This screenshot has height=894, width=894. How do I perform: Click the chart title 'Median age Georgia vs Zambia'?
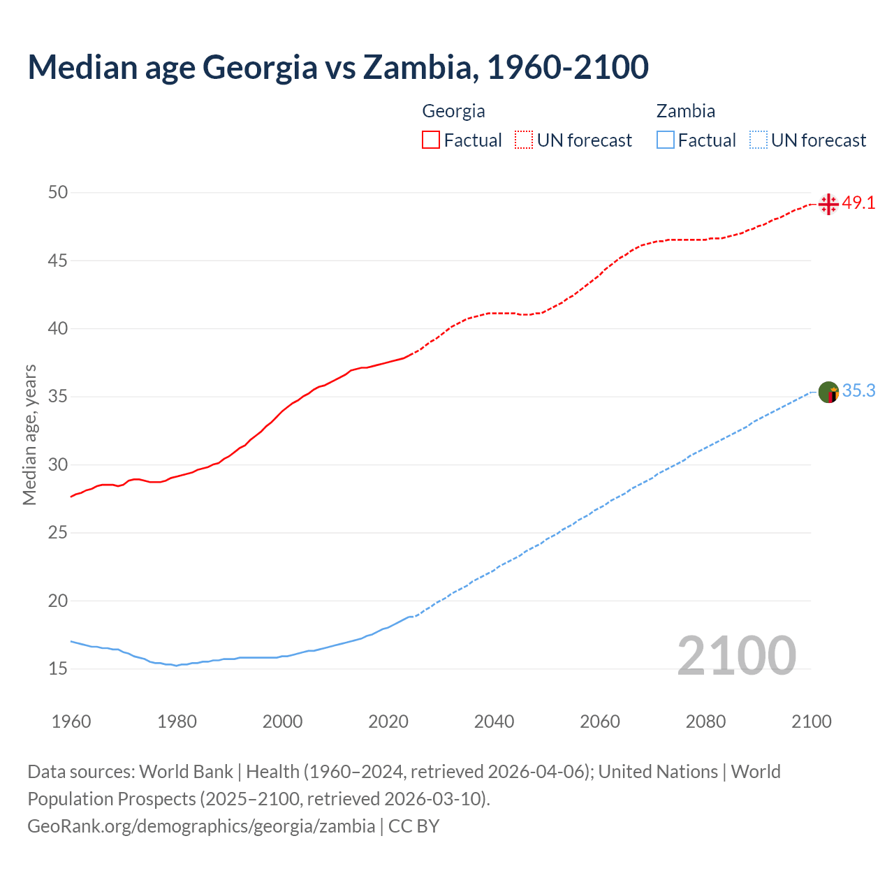pyautogui.click(x=338, y=67)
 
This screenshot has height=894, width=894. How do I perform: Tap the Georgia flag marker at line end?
pyautogui.click(x=828, y=204)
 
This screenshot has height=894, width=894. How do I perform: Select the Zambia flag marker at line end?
pyautogui.click(x=828, y=393)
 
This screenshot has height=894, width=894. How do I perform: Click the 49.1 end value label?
pyautogui.click(x=858, y=203)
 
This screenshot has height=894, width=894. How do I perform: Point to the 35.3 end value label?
pyautogui.click(x=858, y=391)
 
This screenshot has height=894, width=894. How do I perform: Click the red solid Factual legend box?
pyautogui.click(x=431, y=140)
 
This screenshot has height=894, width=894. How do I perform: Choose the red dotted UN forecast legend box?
pyautogui.click(x=524, y=140)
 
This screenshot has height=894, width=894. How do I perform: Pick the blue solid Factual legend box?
pyautogui.click(x=666, y=140)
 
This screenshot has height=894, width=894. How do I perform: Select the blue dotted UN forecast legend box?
pyautogui.click(x=758, y=140)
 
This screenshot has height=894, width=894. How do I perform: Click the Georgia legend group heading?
pyautogui.click(x=453, y=111)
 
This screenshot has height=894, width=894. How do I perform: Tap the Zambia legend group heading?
pyautogui.click(x=685, y=111)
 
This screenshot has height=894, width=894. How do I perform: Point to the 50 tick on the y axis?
pyautogui.click(x=58, y=192)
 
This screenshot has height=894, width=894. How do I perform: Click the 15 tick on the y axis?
pyautogui.click(x=58, y=669)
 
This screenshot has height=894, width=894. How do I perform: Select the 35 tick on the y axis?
pyautogui.click(x=58, y=397)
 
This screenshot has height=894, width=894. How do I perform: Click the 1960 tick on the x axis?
pyautogui.click(x=71, y=721)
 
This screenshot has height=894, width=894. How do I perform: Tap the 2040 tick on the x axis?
pyautogui.click(x=494, y=721)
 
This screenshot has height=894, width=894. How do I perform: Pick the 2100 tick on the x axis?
pyautogui.click(x=811, y=721)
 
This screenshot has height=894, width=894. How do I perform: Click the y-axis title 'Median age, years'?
pyautogui.click(x=29, y=434)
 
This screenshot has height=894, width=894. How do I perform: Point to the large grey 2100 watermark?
pyautogui.click(x=736, y=656)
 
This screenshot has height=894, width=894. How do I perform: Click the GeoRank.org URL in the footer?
pyautogui.click(x=201, y=826)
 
